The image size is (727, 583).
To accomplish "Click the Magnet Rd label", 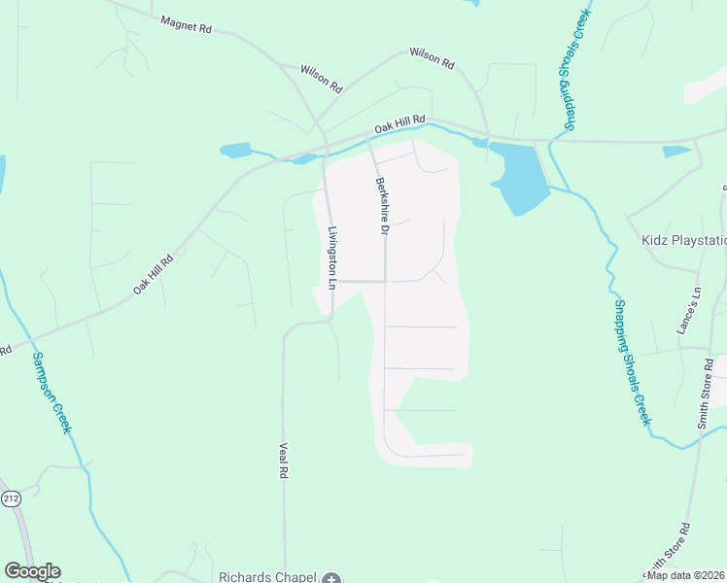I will (186, 25).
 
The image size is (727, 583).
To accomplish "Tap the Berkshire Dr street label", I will (382, 207).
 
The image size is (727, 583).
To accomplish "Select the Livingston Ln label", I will (331, 258).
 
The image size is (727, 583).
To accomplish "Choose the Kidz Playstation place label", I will (683, 239).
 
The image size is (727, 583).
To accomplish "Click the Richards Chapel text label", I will (268, 576).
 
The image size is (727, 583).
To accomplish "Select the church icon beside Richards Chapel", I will (330, 577).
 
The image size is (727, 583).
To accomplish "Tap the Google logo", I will (32, 571).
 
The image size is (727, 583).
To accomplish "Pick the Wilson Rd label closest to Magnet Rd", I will (322, 79).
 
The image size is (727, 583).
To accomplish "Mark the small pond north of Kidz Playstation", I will (676, 152).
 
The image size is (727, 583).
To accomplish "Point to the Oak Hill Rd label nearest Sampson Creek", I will (154, 274).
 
